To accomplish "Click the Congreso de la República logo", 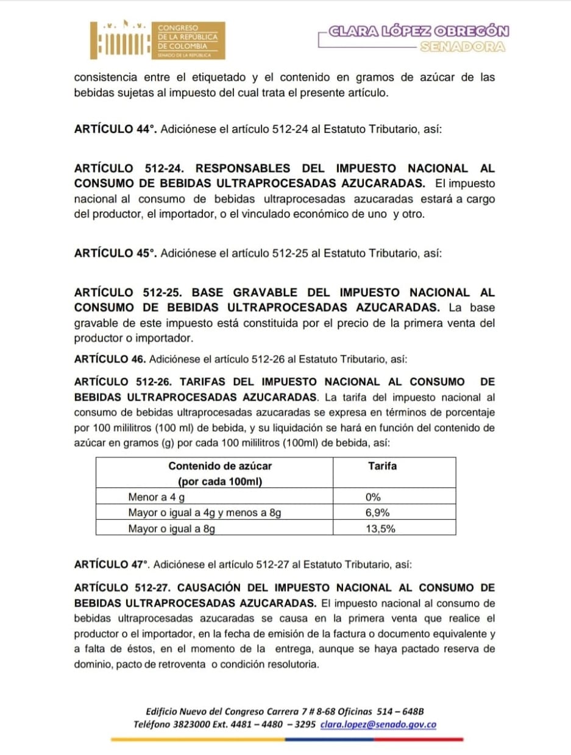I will [157, 40].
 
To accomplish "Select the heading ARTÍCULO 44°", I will [115, 130].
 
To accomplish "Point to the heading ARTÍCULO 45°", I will [115, 252].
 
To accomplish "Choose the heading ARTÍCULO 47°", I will [113, 565].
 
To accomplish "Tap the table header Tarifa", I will [383, 466].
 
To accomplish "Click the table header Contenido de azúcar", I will [220, 466].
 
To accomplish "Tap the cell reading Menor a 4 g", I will [151, 497].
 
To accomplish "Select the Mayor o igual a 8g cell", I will [171, 529].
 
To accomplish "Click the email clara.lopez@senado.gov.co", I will [378, 725].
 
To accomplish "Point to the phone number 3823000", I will [193, 725].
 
